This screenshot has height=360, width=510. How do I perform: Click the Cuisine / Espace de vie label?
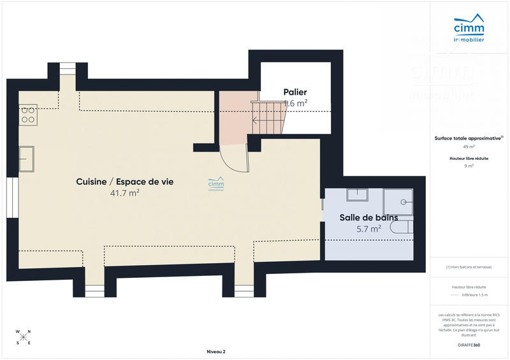[x=124, y=182]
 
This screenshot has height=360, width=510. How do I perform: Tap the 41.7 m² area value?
[x=124, y=193]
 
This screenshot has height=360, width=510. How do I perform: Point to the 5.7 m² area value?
[x=369, y=228]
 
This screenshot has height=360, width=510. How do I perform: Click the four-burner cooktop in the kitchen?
[x=28, y=115]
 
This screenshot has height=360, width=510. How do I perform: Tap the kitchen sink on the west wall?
[x=26, y=159]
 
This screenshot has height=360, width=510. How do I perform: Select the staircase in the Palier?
[x=268, y=116]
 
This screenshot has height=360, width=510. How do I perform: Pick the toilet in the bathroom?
[x=402, y=227]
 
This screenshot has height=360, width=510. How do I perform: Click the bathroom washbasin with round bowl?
[x=402, y=202]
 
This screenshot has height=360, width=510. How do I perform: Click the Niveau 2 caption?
[x=216, y=352]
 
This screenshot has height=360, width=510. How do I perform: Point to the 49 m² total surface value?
[x=469, y=147]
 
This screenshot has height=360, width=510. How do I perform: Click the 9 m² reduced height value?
[x=469, y=166]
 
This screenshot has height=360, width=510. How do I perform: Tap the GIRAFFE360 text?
[x=469, y=344]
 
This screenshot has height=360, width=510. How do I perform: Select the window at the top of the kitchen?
[x=66, y=69]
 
